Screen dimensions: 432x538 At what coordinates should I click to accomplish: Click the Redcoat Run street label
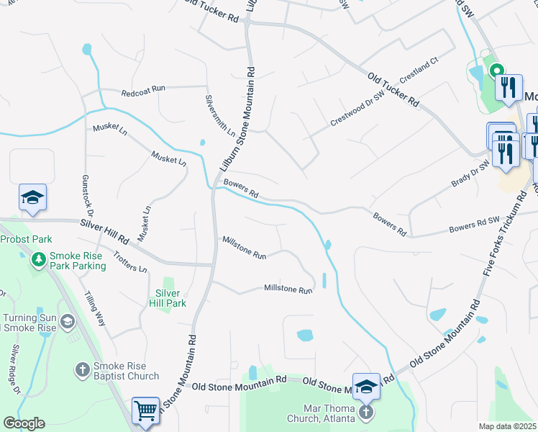143,88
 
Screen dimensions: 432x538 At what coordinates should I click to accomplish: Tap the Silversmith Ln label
220,115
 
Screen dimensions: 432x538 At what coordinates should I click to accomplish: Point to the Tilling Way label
95,309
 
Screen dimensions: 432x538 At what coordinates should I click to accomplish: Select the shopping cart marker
146,410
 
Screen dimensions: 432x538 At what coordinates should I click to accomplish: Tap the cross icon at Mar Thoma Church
366,413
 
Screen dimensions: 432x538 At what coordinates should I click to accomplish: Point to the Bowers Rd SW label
473,228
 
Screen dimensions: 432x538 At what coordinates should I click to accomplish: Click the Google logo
24,423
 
